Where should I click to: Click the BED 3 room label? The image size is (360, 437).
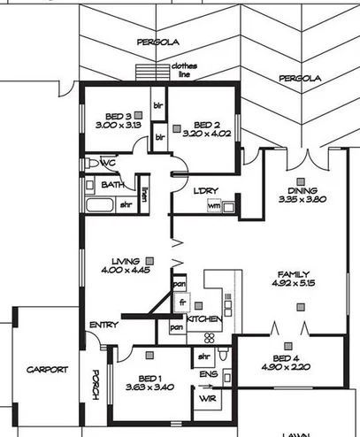click(x=118, y=115)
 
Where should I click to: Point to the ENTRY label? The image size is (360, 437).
click(x=103, y=326)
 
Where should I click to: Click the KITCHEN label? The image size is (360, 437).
click(x=203, y=318)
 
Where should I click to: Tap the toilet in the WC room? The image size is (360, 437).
click(x=92, y=165)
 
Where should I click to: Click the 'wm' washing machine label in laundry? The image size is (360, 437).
click(x=213, y=206)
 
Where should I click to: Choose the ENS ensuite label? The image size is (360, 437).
click(x=208, y=375)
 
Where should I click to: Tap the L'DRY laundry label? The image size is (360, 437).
click(x=206, y=190)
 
